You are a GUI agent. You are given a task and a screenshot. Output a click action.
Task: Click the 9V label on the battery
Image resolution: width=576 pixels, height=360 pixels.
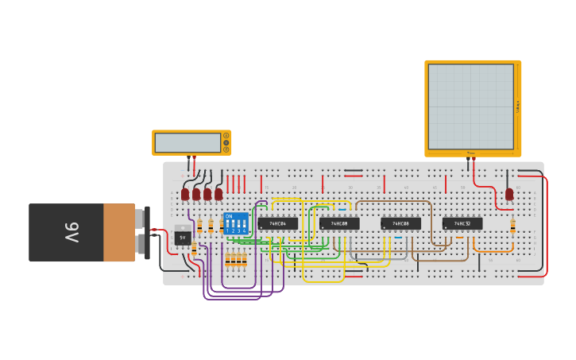coord(72,232)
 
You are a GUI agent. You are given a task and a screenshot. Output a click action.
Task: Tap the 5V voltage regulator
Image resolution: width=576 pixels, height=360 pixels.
coord(182,237)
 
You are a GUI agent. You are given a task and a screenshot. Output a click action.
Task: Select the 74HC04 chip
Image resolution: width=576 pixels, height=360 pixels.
coord(277,224)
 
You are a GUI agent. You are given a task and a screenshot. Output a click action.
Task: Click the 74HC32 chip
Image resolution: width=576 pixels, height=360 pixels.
coord(462,224)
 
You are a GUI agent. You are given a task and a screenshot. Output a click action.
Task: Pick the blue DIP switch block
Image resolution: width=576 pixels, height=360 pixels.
coord(236,223)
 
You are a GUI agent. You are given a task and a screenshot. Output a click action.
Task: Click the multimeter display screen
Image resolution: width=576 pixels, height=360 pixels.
coord(187,143)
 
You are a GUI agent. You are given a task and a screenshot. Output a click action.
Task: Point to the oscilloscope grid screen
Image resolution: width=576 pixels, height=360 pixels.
coord(471,106)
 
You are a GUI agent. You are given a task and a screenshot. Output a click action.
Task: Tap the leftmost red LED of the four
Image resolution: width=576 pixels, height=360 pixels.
coord(185,194)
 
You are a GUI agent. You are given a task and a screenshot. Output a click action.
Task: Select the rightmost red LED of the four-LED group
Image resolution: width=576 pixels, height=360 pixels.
coord(218,194)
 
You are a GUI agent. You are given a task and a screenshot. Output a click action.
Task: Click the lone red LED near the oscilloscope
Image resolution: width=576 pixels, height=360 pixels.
coord(509,194)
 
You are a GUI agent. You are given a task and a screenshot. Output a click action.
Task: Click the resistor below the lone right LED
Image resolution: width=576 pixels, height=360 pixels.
coord(512,226)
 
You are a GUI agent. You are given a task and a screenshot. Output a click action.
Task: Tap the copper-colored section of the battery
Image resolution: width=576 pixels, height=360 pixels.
coord(119,232)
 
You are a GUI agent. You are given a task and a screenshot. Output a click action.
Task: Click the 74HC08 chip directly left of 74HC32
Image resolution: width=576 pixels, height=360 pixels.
coord(400,224)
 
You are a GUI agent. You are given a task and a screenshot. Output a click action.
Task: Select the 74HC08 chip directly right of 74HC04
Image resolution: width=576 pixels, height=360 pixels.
coord(339,224)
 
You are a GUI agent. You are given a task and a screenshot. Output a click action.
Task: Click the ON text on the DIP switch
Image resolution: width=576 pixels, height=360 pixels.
coord(229,216)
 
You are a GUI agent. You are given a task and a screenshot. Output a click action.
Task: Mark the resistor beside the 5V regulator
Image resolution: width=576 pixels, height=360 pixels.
coord(194,249)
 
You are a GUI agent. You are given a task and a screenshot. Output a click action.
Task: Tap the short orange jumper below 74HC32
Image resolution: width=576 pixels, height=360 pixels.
coord(459,238)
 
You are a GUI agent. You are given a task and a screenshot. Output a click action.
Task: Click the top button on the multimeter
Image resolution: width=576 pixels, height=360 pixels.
coord(226,136)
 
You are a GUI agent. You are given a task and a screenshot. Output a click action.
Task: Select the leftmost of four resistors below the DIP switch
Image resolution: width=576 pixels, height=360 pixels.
coord(227,259)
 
